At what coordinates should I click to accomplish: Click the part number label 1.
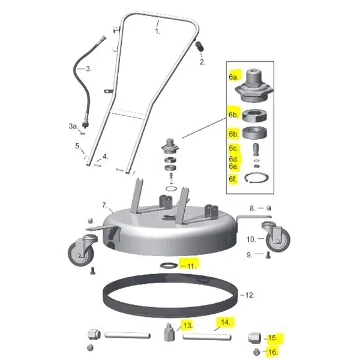158,31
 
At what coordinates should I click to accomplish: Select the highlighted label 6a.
233,77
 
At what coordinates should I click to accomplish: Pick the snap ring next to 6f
259,179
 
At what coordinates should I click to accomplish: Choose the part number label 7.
104,205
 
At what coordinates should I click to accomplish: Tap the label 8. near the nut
253,208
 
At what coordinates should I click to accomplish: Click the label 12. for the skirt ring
247,295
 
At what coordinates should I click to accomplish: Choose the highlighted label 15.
273,338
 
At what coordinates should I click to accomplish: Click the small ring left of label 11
168,265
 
